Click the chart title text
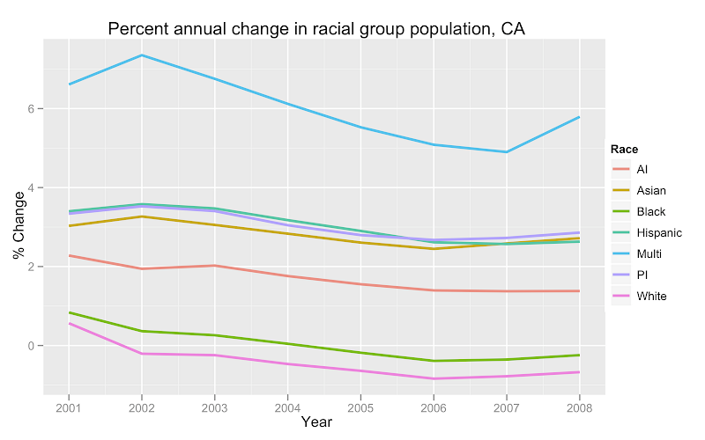(316, 29)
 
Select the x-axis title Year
(316, 422)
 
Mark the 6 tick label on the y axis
(30, 109)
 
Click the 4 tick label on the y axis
(30, 188)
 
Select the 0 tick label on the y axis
(30, 346)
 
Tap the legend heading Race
(625, 150)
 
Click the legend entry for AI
(642, 169)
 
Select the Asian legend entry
(650, 190)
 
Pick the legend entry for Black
(650, 211)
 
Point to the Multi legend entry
(649, 253)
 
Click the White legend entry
(651, 296)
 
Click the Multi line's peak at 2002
(142, 55)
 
